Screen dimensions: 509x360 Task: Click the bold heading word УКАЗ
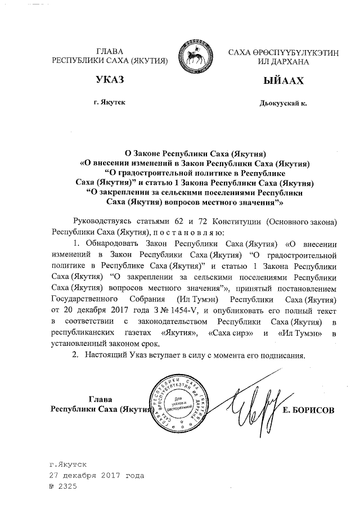point(110,81)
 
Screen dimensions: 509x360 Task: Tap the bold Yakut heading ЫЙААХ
point(282,81)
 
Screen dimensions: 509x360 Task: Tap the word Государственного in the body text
point(82,299)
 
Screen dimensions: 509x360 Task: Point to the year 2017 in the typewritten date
point(105,475)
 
